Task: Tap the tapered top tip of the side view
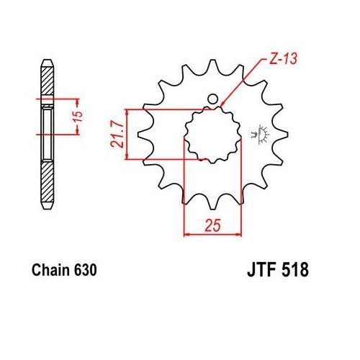[x=48, y=59]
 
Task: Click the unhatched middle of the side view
[x=48, y=133]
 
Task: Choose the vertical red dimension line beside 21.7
[x=127, y=134]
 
